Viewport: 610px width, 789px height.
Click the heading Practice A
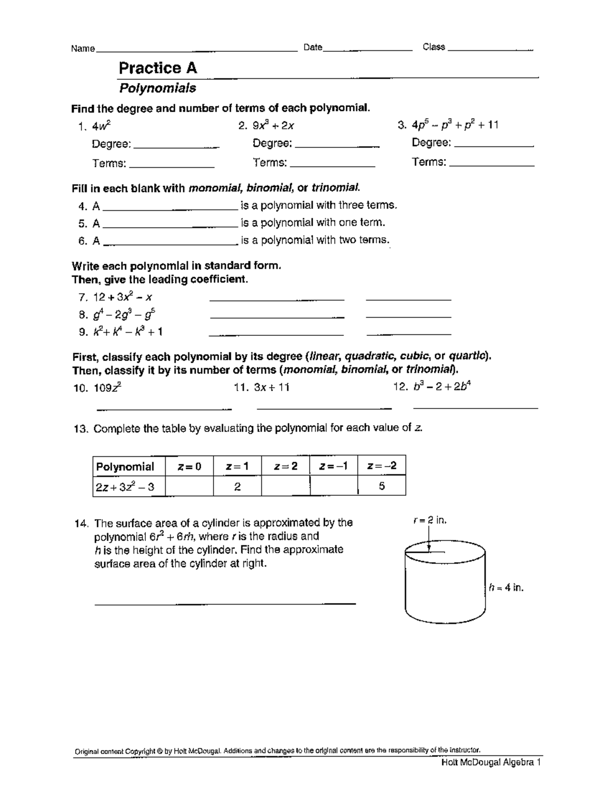coord(158,68)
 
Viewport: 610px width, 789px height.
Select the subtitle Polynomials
coord(157,88)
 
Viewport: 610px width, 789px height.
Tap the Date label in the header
coord(313,47)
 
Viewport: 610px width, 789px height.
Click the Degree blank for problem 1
coord(175,147)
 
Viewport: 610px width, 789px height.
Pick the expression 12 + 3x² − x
coord(123,298)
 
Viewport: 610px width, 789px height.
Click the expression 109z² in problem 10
coord(107,388)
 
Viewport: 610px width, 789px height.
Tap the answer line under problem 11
coord(324,407)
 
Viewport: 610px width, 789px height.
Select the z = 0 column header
coord(189,466)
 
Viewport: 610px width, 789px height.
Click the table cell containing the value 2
coord(237,487)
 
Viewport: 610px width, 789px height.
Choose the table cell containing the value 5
coord(382,487)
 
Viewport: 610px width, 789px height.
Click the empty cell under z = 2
coord(285,487)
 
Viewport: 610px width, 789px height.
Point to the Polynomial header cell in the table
coord(125,466)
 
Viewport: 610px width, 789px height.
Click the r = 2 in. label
coord(430,520)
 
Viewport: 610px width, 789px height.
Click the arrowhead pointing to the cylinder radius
coord(430,547)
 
